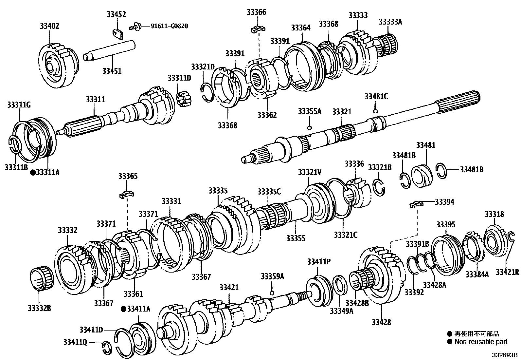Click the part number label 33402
tap(49, 26)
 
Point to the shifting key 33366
tap(257, 30)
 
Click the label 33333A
tap(390, 22)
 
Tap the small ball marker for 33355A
tap(309, 127)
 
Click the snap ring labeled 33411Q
tap(106, 347)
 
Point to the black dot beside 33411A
tap(123, 309)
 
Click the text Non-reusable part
tap(480, 342)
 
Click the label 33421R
tap(507, 272)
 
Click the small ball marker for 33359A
tap(271, 293)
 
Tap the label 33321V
tap(310, 171)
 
